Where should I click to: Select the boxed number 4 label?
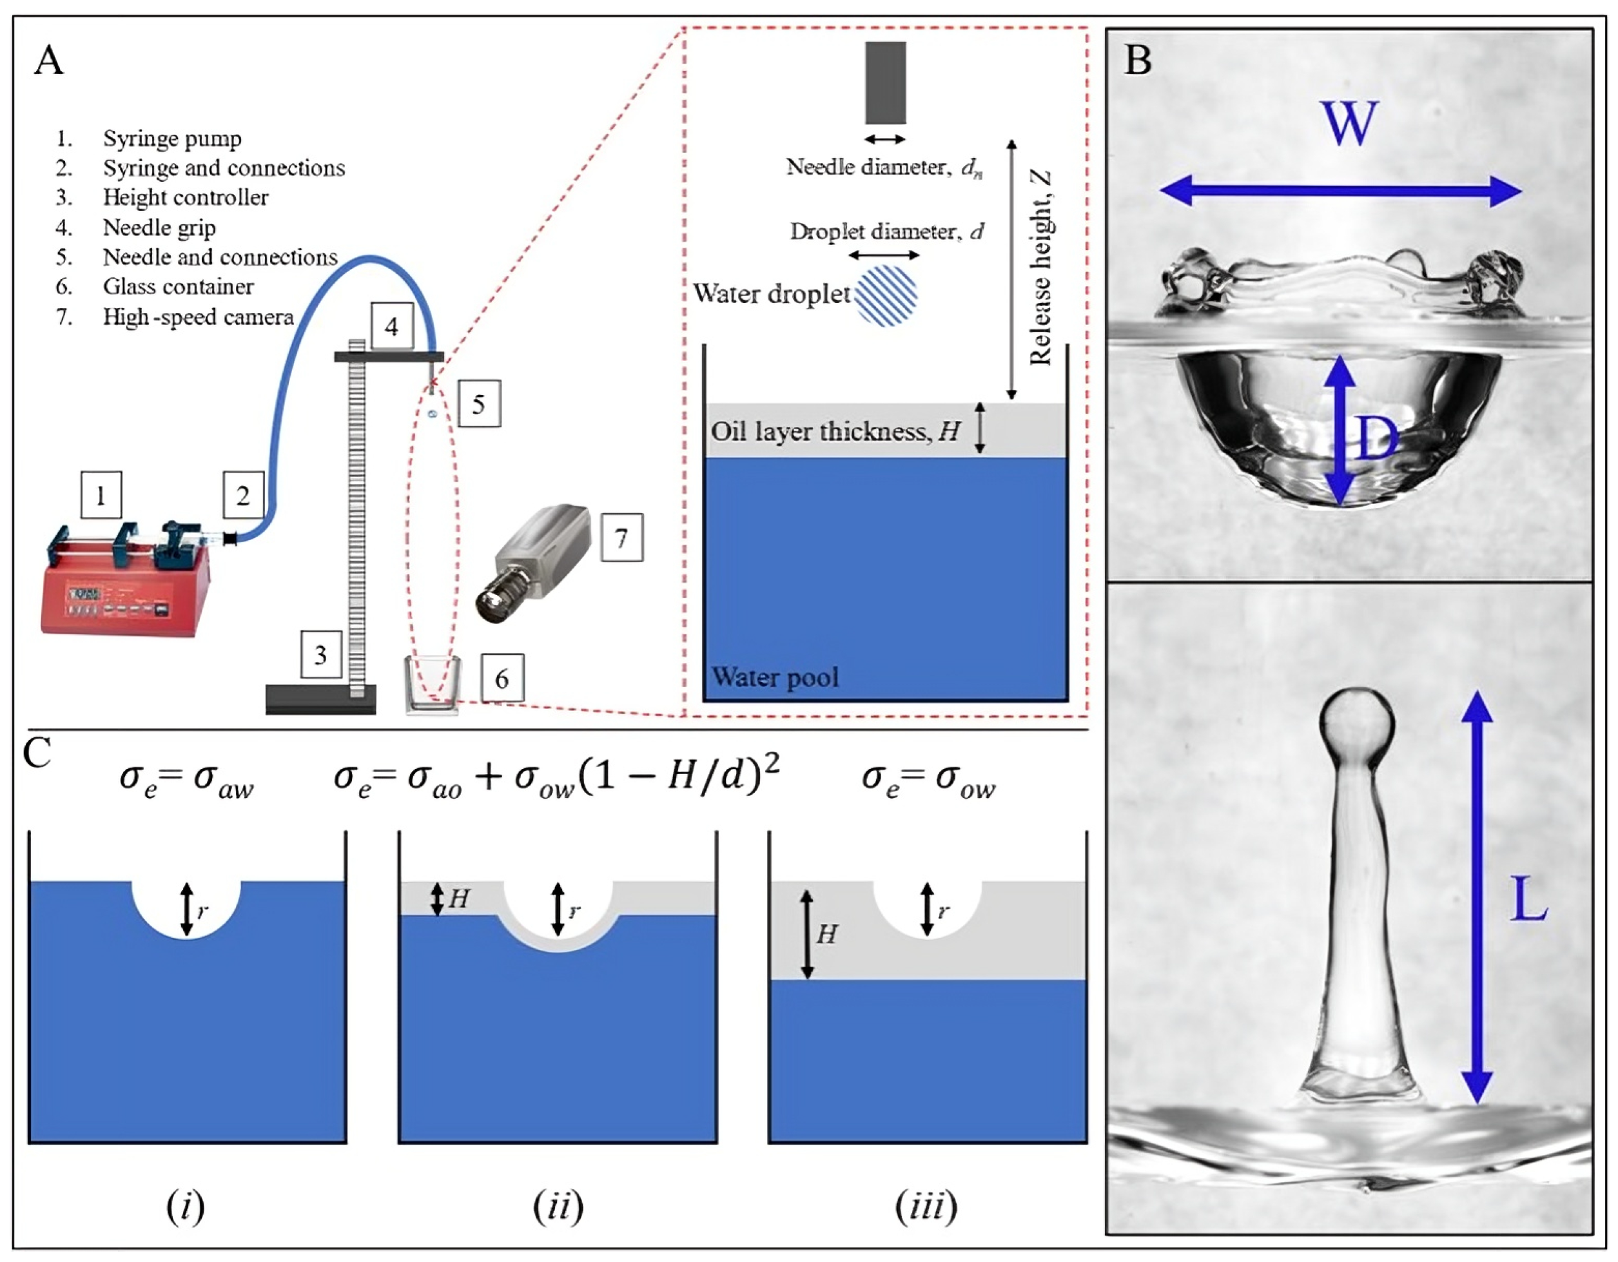click(391, 326)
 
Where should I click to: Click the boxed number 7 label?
click(621, 538)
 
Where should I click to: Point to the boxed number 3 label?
click(321, 655)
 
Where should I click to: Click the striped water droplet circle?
click(886, 295)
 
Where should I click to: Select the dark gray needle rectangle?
click(885, 83)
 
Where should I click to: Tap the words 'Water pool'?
click(775, 677)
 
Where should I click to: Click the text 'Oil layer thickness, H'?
click(835, 431)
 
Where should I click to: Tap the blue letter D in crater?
click(1376, 438)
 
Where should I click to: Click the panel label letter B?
click(1138, 60)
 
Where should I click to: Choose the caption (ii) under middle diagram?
click(558, 1207)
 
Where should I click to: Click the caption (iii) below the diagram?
click(926, 1207)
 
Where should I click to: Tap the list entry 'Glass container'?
click(178, 287)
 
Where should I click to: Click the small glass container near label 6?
click(432, 684)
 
